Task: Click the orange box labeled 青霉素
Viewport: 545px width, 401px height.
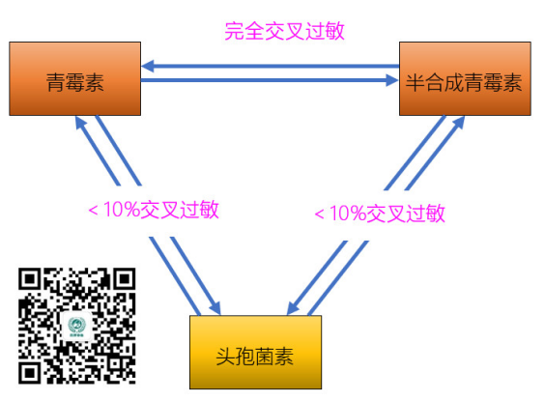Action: [x=75, y=79]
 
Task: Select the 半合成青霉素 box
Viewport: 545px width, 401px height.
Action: [x=465, y=79]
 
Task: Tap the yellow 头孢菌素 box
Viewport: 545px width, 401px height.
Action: [x=255, y=353]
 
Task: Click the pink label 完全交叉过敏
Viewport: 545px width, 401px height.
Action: [x=284, y=31]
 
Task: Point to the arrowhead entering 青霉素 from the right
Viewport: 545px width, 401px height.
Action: [x=148, y=66]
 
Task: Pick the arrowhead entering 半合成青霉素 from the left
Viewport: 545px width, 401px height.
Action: [x=392, y=80]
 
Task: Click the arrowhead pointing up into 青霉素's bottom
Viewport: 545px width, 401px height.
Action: [x=80, y=123]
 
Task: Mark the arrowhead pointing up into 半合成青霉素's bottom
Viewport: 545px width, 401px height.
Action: [x=459, y=123]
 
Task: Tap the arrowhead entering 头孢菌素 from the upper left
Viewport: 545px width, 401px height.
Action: [x=215, y=308]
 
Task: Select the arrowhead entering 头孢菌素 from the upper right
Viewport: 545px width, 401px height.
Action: [x=293, y=308]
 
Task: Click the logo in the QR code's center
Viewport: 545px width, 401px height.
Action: [x=76, y=326]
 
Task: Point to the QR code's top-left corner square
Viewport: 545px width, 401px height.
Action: [x=30, y=279]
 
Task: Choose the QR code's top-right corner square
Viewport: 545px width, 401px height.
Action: [x=124, y=279]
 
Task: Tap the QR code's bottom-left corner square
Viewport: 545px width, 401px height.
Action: [x=30, y=373]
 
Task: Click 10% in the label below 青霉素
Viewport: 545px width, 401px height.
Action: [x=122, y=210]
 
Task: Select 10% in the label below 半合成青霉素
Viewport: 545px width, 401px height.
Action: [x=348, y=213]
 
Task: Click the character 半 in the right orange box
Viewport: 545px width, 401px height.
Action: [x=416, y=83]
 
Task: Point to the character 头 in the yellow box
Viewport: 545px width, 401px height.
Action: [x=225, y=357]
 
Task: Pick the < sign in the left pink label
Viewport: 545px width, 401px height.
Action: [x=93, y=211]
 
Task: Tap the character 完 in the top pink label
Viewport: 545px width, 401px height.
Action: [x=234, y=31]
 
